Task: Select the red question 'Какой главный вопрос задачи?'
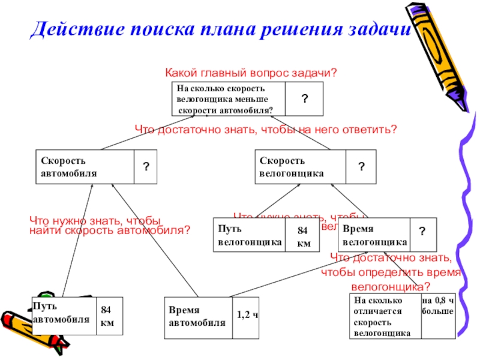pos(251,73)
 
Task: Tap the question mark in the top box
pos(304,98)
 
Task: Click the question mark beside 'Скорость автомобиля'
pos(146,167)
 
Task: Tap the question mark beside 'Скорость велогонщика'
pos(362,166)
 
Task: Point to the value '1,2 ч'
pos(247,314)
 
